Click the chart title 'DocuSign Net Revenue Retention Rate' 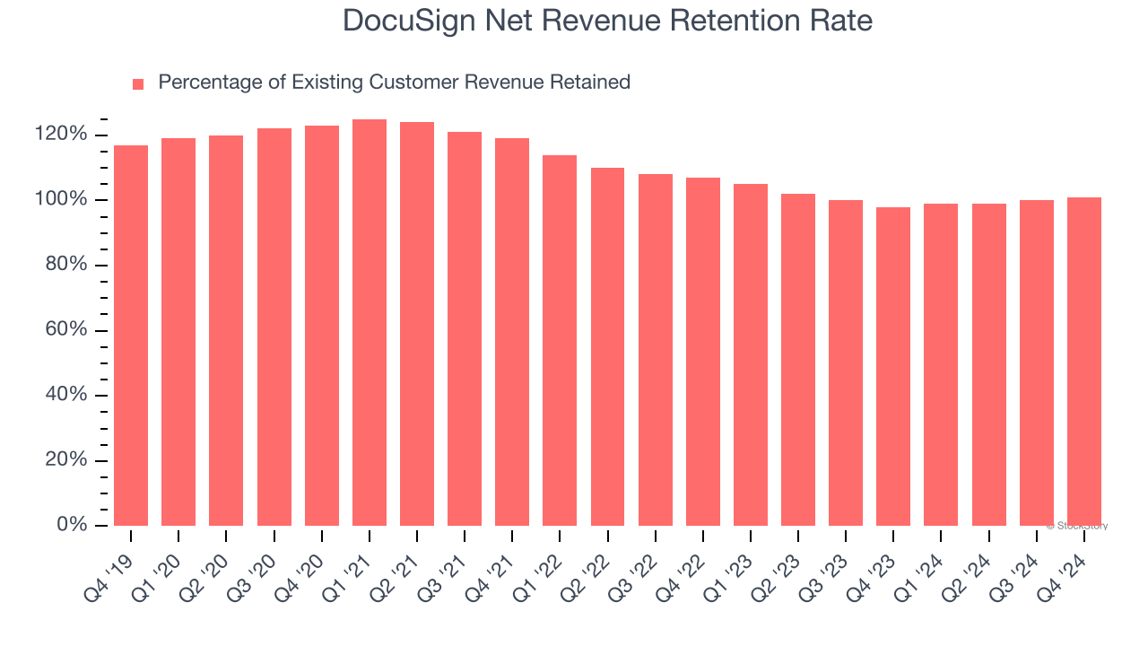point(607,21)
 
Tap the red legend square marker point(138,83)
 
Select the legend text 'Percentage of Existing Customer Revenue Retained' point(394,83)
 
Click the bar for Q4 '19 point(131,336)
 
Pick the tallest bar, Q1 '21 point(370,323)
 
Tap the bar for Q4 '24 point(1084,362)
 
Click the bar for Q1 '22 point(560,341)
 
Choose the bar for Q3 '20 point(274,327)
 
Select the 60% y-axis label point(64,330)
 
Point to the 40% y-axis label point(64,395)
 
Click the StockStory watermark point(1076,526)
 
